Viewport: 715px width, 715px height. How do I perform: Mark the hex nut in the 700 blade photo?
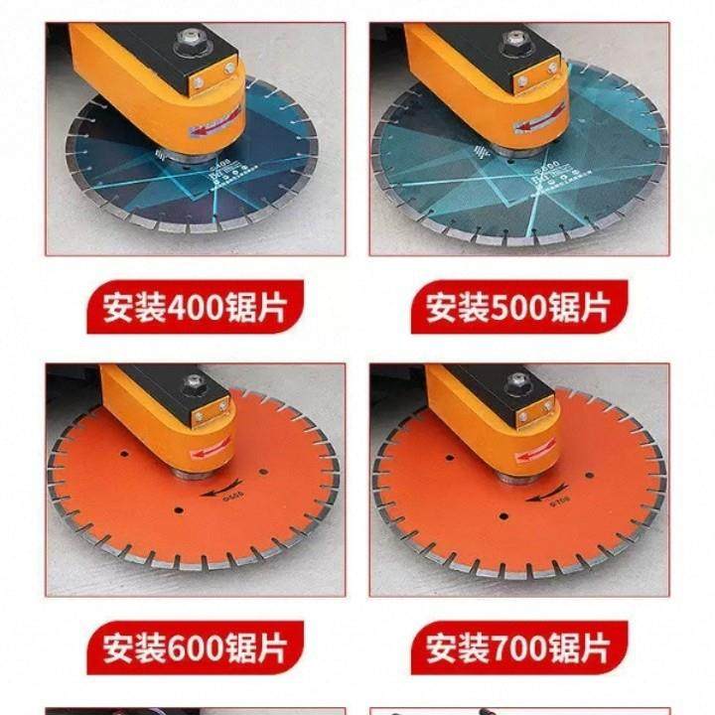518,381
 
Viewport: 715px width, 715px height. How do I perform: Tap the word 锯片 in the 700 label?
581,648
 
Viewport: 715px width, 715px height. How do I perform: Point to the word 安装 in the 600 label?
135,648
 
